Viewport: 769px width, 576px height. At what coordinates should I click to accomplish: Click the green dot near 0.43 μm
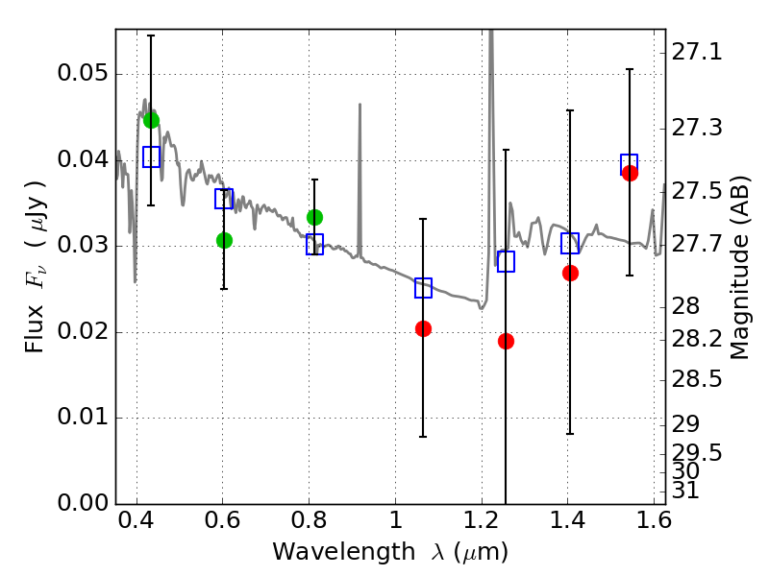point(152,121)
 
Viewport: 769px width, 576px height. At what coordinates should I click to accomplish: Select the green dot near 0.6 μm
point(224,241)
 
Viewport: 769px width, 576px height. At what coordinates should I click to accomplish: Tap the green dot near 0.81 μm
point(315,217)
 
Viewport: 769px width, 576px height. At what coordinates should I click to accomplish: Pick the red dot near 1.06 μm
point(423,328)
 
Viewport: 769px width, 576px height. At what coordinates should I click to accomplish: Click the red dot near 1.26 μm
point(507,342)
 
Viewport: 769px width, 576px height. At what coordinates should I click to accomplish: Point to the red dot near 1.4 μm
point(570,273)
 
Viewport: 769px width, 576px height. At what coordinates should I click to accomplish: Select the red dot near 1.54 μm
point(631,173)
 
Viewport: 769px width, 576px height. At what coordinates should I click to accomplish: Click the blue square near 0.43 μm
point(152,156)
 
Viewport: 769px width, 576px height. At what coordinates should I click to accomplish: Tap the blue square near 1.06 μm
point(423,288)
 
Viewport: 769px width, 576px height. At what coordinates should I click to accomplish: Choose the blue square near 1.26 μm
point(507,261)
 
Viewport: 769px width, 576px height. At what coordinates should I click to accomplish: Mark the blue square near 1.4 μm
point(570,244)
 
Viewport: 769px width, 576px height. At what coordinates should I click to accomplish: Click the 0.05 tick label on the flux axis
point(83,74)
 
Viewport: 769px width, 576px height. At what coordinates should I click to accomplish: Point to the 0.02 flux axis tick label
point(83,331)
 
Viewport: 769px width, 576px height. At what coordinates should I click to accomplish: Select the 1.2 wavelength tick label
point(482,520)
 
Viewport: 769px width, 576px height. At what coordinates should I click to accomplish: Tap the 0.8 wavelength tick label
point(309,520)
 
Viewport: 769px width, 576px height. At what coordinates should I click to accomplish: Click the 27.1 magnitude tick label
point(696,52)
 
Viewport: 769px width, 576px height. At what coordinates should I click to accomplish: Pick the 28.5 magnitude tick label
point(696,379)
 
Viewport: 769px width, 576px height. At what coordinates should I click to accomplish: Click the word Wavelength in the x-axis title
point(344,552)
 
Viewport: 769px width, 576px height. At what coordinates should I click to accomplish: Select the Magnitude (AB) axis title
point(739,268)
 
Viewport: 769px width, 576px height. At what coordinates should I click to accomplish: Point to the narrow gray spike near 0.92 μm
point(360,180)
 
